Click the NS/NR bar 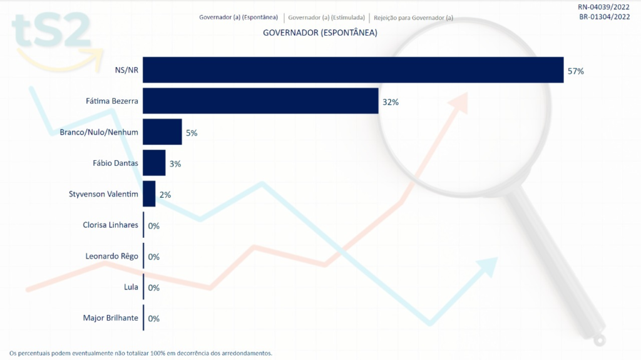click(x=353, y=70)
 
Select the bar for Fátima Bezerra click(x=260, y=101)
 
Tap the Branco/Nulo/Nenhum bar click(x=162, y=132)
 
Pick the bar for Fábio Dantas click(x=154, y=163)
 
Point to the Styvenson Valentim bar click(x=149, y=194)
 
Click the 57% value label click(x=575, y=71)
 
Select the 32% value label click(x=391, y=102)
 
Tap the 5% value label click(x=192, y=133)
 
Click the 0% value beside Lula click(x=153, y=288)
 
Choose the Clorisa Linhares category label click(x=110, y=225)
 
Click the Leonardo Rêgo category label click(x=111, y=256)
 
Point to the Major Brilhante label click(x=110, y=318)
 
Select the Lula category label click(x=131, y=287)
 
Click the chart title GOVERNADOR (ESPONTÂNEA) click(x=320, y=33)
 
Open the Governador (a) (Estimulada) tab click(x=326, y=18)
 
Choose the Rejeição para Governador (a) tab click(x=413, y=18)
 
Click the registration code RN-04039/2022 click(x=604, y=7)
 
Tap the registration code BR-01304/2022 click(x=604, y=17)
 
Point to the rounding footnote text click(x=141, y=353)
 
